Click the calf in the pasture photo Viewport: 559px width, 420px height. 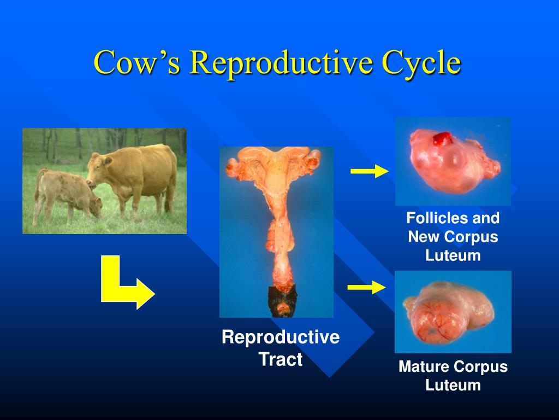[x=66, y=194]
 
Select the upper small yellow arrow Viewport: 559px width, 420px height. [x=369, y=172]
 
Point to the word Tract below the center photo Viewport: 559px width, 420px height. [x=280, y=360]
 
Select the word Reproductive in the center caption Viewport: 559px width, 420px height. [x=280, y=337]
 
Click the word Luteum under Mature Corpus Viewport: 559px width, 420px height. [x=453, y=385]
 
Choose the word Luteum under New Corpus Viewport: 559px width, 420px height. [x=453, y=255]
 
